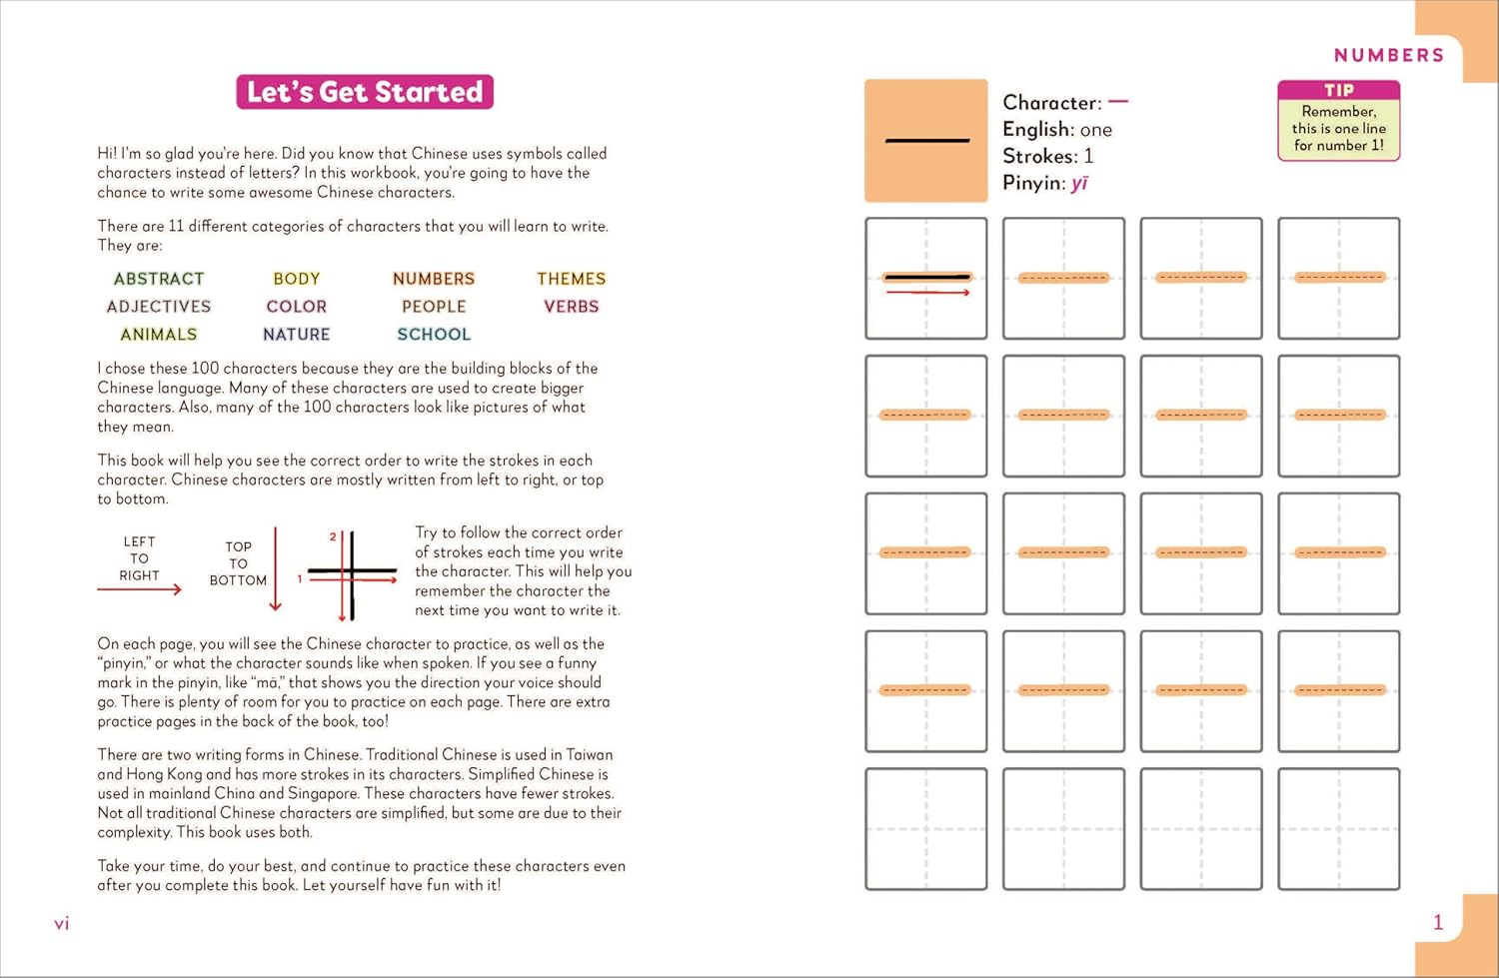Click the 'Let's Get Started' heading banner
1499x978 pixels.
[365, 92]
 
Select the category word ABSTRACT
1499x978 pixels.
[159, 279]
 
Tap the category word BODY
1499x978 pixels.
[297, 279]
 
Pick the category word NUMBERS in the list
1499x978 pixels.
[434, 279]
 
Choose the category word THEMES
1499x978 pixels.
[571, 279]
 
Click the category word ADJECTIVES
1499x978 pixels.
[159, 307]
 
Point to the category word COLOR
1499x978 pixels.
[297, 307]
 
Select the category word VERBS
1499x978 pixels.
[571, 307]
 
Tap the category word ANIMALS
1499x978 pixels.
[159, 335]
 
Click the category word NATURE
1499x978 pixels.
[297, 335]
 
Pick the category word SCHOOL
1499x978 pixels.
[434, 335]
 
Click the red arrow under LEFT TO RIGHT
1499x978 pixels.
[140, 589]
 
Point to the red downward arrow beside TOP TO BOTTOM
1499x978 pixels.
[276, 569]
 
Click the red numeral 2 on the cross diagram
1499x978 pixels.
[333, 537]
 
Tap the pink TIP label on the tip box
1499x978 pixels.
[1338, 90]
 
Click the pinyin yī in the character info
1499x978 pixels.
[1079, 183]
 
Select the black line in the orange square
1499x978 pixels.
[926, 141]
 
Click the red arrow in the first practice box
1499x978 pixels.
[927, 293]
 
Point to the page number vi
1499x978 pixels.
[62, 924]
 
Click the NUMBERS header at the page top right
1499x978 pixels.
[1389, 55]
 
